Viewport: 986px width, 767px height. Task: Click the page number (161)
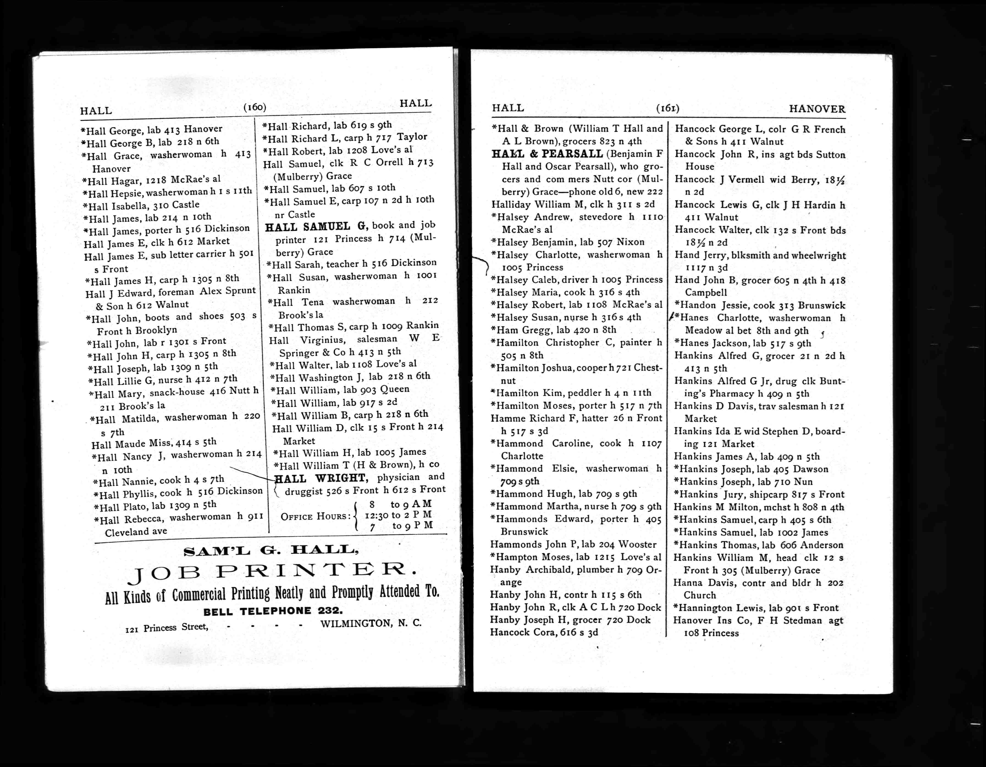tap(668, 108)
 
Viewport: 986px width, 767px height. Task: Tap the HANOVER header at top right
tap(817, 109)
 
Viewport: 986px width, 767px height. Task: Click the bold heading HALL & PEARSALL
tap(547, 154)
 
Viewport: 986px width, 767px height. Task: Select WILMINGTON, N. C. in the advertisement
tap(371, 623)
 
